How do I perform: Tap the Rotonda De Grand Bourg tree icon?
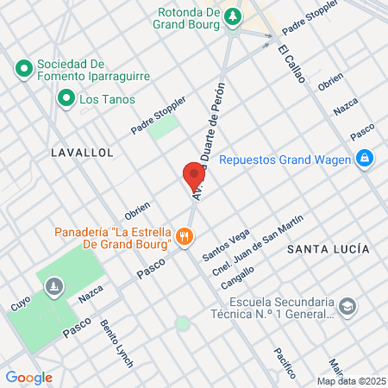[x=232, y=16]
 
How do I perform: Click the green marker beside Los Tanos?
[x=65, y=99]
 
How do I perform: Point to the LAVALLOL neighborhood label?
[x=83, y=152]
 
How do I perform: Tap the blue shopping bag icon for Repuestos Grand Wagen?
[x=365, y=159]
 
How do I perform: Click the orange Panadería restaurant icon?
[x=183, y=235]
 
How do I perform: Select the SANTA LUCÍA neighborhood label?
[x=329, y=249]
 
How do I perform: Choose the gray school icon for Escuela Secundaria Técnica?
[x=347, y=307]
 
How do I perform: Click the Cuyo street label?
[x=20, y=305]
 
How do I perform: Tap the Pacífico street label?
[x=285, y=362]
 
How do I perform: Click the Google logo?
[x=28, y=378]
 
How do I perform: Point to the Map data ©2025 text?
[x=351, y=381]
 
